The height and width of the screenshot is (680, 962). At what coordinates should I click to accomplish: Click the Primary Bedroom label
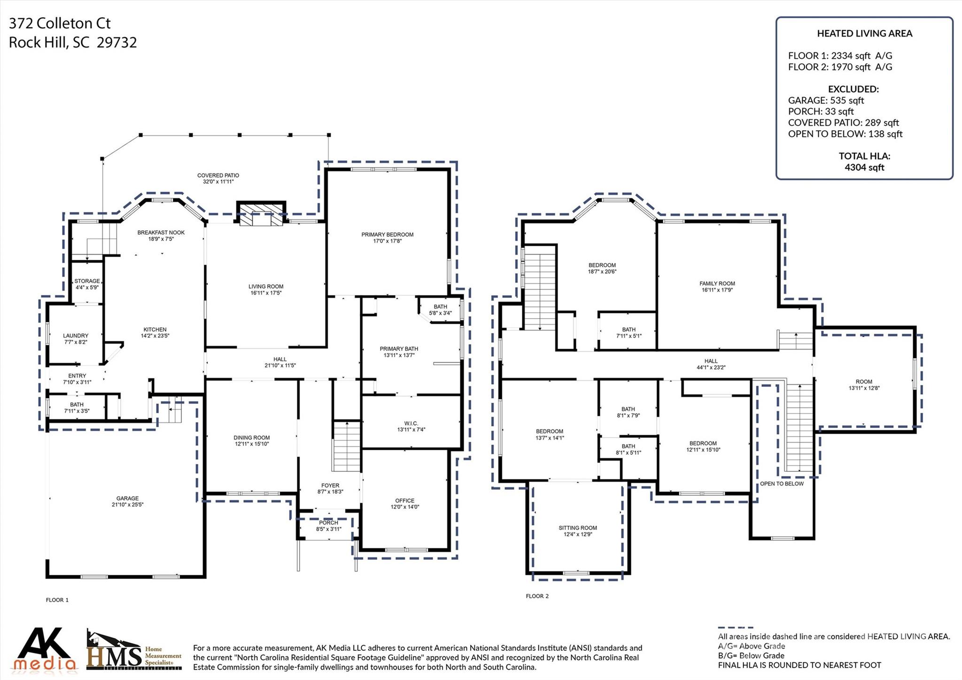(387, 234)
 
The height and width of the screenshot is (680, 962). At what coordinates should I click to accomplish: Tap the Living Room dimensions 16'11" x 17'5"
(266, 293)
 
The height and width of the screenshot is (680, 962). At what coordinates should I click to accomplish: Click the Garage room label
(127, 498)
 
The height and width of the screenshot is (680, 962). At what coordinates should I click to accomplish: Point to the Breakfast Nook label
(161, 233)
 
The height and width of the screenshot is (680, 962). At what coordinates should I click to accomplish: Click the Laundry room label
(76, 336)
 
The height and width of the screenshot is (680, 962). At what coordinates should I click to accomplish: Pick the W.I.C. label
(411, 423)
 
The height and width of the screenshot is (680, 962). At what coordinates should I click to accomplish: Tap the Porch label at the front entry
(328, 523)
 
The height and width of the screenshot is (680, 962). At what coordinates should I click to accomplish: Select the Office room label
(404, 500)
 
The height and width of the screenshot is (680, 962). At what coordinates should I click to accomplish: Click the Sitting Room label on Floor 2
(577, 528)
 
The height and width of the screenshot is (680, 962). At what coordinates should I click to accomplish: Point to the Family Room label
(717, 283)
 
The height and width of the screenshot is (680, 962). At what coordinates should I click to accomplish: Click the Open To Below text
(782, 484)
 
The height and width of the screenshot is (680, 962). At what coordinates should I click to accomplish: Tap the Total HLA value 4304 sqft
(864, 167)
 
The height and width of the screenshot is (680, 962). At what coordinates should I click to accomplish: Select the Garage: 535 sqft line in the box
(826, 100)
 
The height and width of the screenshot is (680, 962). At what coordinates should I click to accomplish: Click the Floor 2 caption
(537, 596)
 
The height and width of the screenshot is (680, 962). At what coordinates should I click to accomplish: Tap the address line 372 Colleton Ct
(60, 23)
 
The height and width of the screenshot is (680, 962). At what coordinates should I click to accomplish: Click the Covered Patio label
(218, 175)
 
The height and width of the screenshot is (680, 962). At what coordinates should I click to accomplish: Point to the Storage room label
(87, 281)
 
